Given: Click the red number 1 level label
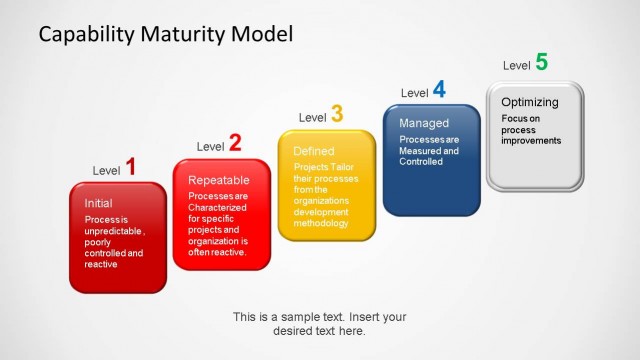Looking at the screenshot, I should point(130,167).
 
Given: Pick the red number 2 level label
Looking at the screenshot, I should point(235,143).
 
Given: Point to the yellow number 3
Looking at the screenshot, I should point(337,115).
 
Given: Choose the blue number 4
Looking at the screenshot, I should point(439,90).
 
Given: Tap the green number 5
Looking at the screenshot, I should point(541,62).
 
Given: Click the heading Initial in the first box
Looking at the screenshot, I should point(98,203).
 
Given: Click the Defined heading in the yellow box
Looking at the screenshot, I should point(313,151).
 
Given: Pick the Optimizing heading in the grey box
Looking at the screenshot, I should point(530,102).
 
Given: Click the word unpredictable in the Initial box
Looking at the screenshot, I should point(114,230).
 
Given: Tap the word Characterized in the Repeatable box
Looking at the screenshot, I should point(217,207).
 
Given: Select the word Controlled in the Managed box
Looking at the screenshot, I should point(420,161).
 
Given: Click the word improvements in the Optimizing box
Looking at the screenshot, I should point(532,140).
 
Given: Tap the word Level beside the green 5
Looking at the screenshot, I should point(516,66).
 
